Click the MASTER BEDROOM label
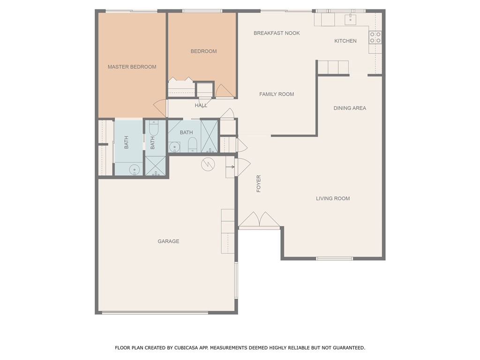[x=132, y=67]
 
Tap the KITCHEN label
[x=345, y=41]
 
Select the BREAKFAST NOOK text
[x=277, y=33]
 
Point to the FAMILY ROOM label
[x=277, y=94]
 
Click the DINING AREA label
[x=350, y=108]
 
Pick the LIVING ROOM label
[x=333, y=199]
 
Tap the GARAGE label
[x=168, y=241]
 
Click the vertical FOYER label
[x=258, y=183]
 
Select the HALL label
[x=201, y=105]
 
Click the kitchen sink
[x=351, y=19]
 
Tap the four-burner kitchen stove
[x=375, y=37]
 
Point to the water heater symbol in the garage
[x=207, y=164]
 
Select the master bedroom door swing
[x=161, y=108]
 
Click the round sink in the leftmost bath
[x=135, y=169]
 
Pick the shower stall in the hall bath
[x=210, y=136]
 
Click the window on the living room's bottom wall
[x=335, y=258]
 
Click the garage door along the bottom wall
[x=155, y=313]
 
